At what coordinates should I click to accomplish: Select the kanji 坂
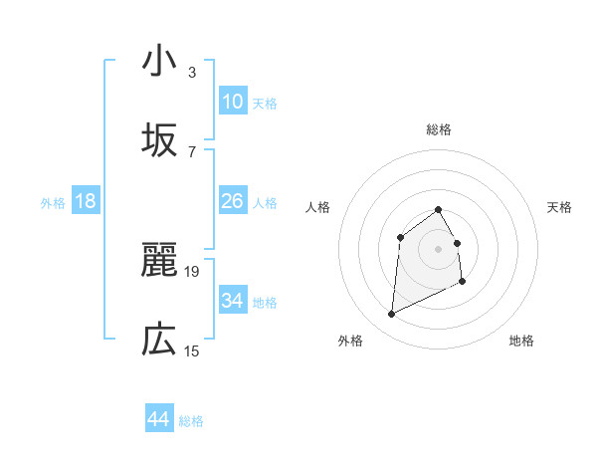158,140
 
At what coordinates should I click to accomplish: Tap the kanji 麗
158,260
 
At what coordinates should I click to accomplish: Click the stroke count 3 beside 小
192,72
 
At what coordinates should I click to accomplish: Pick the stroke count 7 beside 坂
192,151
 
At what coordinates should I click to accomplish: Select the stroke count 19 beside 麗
192,271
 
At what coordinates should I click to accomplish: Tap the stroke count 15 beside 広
192,351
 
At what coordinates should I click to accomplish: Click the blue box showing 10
233,102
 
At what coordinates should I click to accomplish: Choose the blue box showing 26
233,201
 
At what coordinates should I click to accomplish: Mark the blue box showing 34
233,300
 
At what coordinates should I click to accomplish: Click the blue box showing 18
86,201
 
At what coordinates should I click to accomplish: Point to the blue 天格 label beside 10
265,104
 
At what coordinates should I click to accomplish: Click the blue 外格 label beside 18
53,203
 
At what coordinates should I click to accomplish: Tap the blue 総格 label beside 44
191,421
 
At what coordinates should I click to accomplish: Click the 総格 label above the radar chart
438,129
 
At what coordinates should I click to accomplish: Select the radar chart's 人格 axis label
318,207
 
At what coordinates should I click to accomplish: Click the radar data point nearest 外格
391,315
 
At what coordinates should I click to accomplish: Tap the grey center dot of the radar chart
438,248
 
